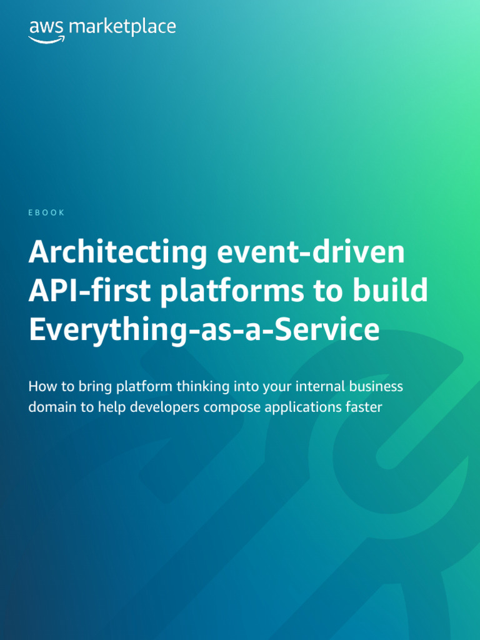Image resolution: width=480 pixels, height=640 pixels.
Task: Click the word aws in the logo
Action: point(46,28)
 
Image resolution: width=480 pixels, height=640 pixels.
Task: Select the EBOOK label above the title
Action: point(47,212)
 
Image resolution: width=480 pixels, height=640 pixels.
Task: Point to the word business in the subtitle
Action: point(377,386)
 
